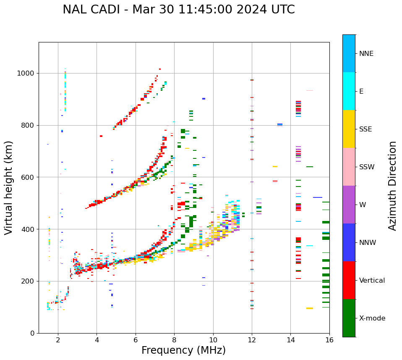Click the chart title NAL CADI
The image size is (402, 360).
[x=178, y=10]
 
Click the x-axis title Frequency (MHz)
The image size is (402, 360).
[x=183, y=350]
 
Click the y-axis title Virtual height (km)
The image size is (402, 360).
[x=9, y=187]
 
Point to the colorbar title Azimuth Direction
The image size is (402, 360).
[x=392, y=186]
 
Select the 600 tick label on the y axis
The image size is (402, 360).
[x=28, y=177]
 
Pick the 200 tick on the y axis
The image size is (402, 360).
[x=28, y=281]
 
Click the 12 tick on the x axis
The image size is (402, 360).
[x=252, y=339]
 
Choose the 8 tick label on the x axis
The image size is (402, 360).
[x=174, y=339]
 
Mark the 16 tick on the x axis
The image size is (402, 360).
[x=329, y=339]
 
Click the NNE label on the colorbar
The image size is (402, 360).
[x=366, y=54]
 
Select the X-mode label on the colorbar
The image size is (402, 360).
[x=372, y=318]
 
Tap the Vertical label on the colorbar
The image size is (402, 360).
[x=372, y=281]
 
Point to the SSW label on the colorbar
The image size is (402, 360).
[x=367, y=167]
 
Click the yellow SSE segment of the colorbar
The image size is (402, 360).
[x=349, y=129]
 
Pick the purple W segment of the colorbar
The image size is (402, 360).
[x=349, y=205]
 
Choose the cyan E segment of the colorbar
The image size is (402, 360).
[x=349, y=91]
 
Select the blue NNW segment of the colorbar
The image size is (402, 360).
[x=349, y=242]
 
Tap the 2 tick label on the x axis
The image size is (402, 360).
[x=58, y=339]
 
